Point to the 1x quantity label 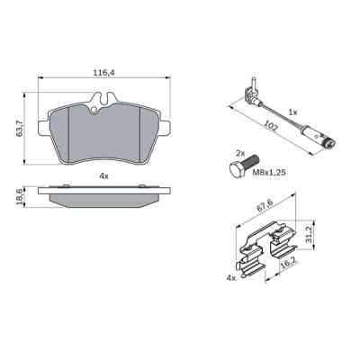pos(292,111)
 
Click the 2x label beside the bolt pos(240,155)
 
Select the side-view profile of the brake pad pos(104,196)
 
